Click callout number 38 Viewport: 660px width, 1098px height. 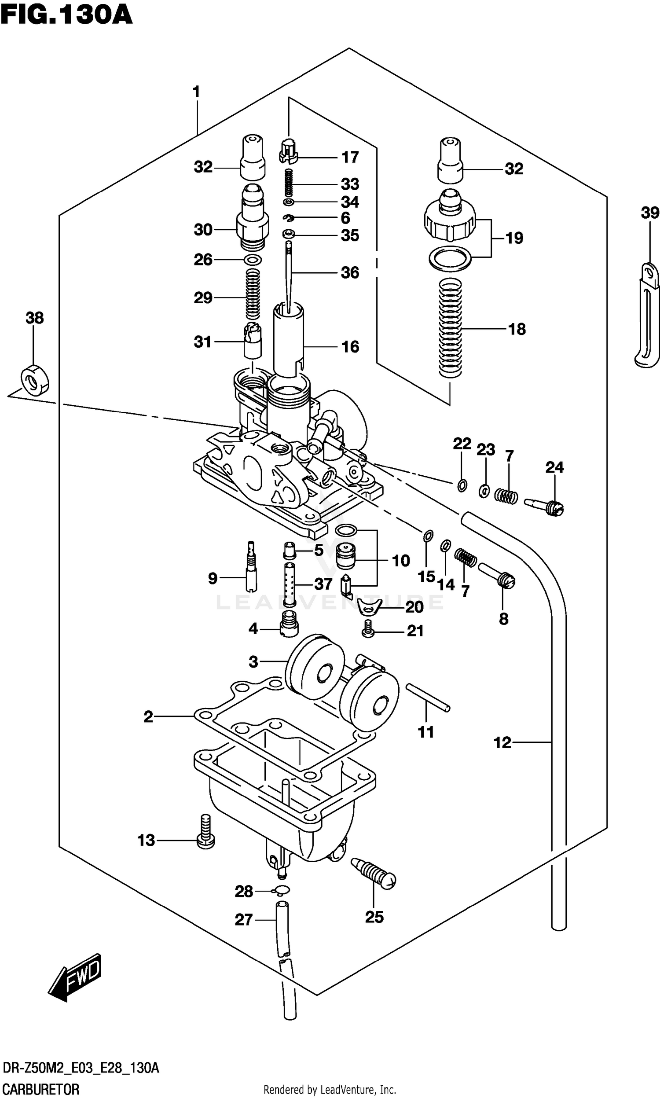[x=35, y=318]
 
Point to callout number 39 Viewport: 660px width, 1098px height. [x=650, y=213]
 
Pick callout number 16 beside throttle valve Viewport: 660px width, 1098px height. [x=350, y=347]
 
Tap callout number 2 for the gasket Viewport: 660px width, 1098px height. [x=148, y=716]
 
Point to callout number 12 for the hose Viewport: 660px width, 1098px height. [x=502, y=742]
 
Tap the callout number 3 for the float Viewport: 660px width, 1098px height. [x=253, y=662]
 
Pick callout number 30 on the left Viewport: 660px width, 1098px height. [x=203, y=230]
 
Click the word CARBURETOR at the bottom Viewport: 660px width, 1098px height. [x=41, y=1089]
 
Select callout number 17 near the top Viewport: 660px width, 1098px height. [x=350, y=157]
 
